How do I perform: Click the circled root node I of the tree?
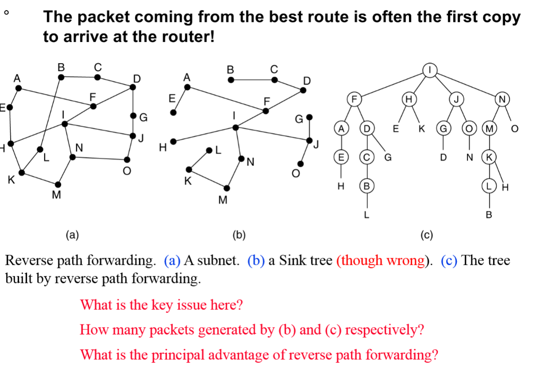click(429, 69)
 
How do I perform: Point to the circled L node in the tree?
click(489, 187)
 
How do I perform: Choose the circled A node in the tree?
click(342, 128)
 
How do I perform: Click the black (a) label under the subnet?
click(71, 233)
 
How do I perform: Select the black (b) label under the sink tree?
click(240, 233)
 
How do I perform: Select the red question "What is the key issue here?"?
click(161, 305)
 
